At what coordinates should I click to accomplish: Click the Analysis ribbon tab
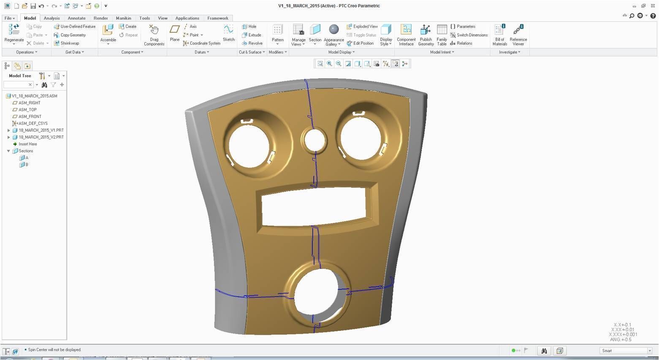52,18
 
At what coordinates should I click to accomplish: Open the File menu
9,18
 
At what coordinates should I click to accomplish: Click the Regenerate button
14,34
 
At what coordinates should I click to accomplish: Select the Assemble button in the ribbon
108,34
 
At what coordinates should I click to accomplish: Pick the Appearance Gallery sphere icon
334,30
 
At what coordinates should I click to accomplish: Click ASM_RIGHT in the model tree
29,103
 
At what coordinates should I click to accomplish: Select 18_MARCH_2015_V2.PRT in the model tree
41,137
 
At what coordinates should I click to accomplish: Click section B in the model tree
26,165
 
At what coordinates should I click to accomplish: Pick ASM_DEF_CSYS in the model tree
32,123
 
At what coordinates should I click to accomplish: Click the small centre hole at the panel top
314,141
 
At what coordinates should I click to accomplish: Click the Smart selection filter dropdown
626,351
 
